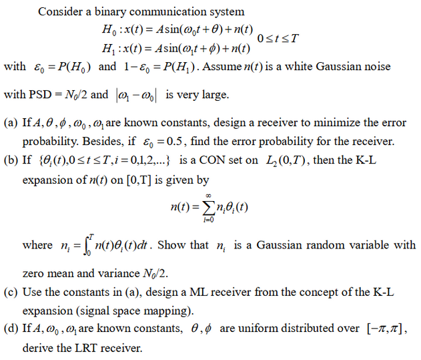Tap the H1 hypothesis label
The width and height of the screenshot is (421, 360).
pyautogui.click(x=107, y=49)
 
